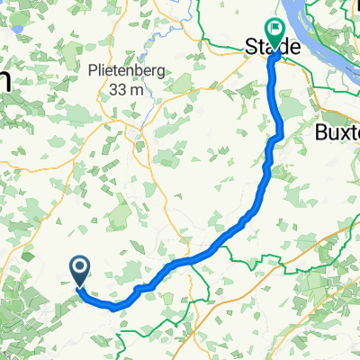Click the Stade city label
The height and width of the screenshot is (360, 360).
coord(273,46)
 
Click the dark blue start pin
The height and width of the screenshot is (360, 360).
coord(79,269)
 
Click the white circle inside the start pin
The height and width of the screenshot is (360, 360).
coord(79,265)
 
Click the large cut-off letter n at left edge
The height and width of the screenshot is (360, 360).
coord(4,82)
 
